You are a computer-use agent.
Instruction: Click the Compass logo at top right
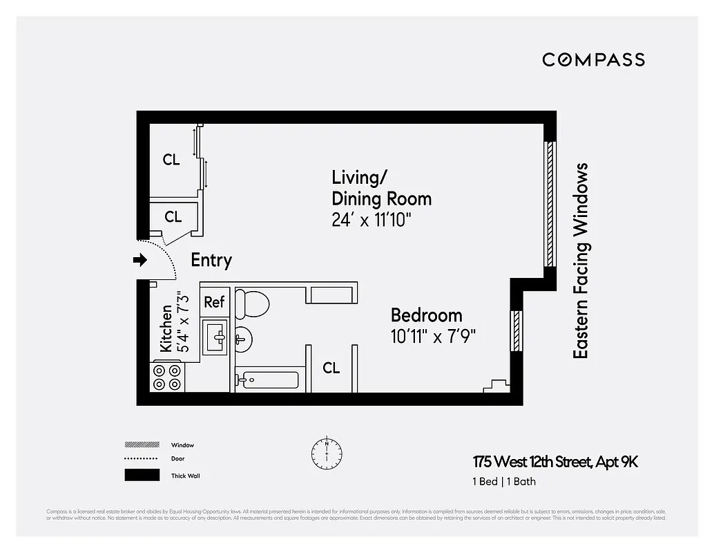pos(593,59)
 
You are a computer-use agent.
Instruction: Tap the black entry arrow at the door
pos(140,260)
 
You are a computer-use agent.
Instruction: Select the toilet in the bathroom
pos(251,302)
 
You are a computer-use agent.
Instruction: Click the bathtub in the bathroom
pos(267,380)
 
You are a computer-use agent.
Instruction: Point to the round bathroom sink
pos(242,338)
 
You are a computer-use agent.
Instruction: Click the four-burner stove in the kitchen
pos(168,377)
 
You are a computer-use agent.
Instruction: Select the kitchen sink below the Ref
pos(215,337)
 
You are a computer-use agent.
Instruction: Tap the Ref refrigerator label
pos(214,302)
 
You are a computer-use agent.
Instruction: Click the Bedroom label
pos(426,315)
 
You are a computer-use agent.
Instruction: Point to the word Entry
pos(211,260)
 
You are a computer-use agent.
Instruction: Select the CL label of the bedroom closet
pos(331,368)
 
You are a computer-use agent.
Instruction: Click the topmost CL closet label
pos(171,160)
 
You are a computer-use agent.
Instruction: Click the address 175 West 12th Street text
pos(555,462)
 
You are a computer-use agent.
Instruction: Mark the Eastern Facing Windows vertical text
pos(581,261)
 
